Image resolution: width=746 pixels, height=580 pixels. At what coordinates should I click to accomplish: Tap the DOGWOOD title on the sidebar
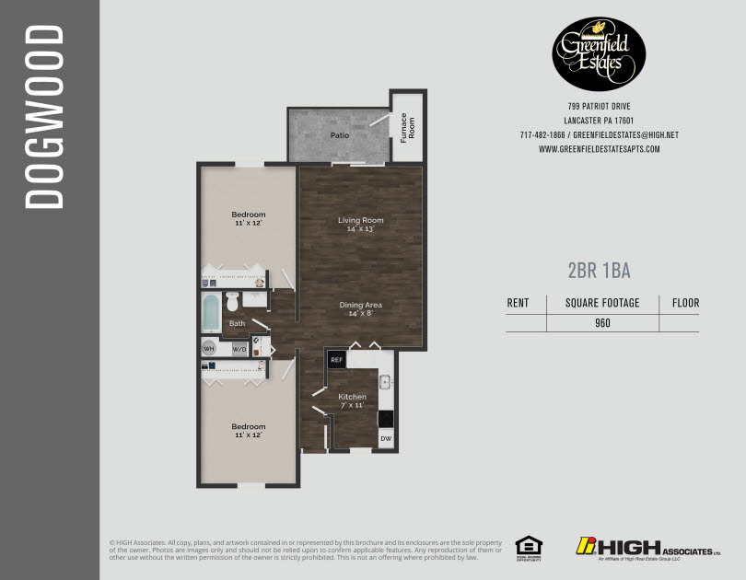43,117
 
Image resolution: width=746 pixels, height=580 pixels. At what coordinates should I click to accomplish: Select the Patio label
340,135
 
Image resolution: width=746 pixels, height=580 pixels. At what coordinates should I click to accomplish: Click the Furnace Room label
403,128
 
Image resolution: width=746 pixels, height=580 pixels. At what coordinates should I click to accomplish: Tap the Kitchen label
352,397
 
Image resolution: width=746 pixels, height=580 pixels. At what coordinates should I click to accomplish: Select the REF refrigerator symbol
337,359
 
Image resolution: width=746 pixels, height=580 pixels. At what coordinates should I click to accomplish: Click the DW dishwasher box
386,439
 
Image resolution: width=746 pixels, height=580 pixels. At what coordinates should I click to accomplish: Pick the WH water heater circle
209,350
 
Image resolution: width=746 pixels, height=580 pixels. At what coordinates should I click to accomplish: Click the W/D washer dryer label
239,350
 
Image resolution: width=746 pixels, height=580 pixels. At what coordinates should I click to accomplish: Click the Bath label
238,323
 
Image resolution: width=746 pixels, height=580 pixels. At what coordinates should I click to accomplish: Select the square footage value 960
602,323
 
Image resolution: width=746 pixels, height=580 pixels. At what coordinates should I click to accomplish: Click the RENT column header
519,303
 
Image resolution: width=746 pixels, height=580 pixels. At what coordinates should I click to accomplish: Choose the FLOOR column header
685,303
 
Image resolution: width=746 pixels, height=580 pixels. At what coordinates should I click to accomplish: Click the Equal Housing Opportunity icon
528,546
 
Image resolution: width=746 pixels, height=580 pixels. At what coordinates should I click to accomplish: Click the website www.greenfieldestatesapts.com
599,149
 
